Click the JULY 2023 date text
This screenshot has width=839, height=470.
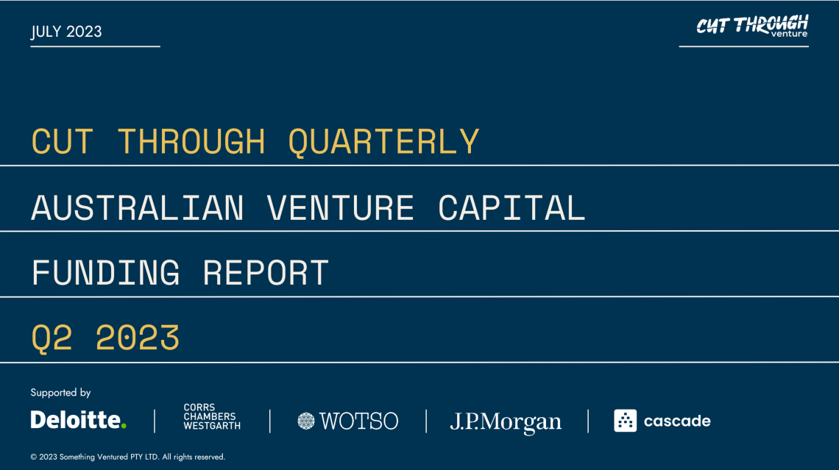[66, 32]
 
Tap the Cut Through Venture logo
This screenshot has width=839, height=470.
[752, 26]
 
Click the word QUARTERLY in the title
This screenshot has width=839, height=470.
[383, 142]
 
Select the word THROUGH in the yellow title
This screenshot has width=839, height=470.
[191, 142]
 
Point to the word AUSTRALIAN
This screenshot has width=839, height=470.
[138, 207]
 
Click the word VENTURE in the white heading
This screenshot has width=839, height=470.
[340, 207]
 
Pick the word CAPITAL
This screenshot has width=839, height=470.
[511, 207]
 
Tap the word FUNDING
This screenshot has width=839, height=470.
[105, 273]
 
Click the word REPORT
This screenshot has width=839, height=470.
[266, 273]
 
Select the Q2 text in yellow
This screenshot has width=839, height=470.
[52, 338]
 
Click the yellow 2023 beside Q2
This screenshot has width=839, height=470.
[138, 338]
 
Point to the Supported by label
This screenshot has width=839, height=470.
[60, 393]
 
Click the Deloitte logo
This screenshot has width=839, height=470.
[79, 420]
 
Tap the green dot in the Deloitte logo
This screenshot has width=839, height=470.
[124, 426]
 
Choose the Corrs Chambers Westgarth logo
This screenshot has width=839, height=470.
[212, 416]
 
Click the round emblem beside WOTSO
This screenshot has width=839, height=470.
[306, 421]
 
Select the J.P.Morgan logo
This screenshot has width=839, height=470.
[506, 422]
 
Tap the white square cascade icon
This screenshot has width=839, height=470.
[625, 420]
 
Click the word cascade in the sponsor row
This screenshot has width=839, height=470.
[677, 421]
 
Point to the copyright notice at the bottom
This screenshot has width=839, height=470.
[128, 457]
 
